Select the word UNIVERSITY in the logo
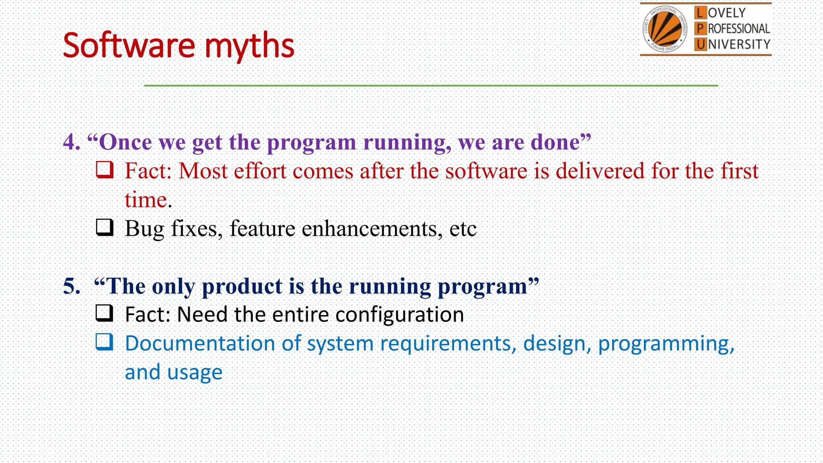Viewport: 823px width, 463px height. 739,44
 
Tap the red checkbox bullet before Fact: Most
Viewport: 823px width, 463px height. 104,170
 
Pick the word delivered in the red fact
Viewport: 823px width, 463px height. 600,171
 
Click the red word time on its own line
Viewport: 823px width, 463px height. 145,200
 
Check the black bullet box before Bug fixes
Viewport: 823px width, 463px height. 104,227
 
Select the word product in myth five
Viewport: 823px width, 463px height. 242,287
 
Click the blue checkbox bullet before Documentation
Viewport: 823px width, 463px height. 104,342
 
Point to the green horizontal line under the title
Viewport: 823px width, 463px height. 430,86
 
